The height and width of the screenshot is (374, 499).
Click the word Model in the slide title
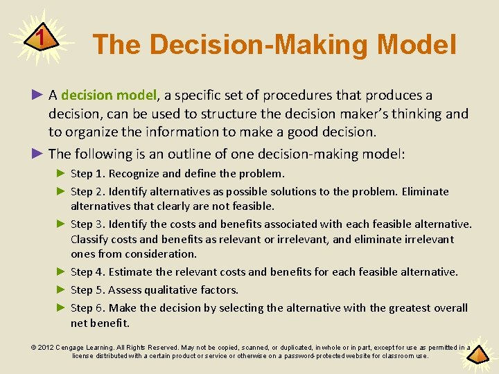click(x=417, y=45)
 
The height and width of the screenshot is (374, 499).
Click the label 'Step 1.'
click(x=88, y=174)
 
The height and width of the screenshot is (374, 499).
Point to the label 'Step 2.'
click(x=88, y=192)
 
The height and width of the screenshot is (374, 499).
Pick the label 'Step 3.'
click(x=88, y=224)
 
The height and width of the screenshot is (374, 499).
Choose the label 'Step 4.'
click(x=88, y=272)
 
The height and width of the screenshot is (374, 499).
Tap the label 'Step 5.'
click(x=88, y=290)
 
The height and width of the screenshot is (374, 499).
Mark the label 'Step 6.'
click(x=88, y=308)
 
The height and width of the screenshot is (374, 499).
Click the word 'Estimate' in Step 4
click(x=132, y=272)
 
